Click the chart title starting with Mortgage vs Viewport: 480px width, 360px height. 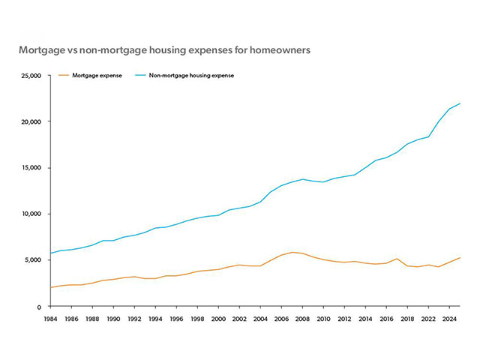[x=164, y=50]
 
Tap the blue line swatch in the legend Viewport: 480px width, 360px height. [x=139, y=76]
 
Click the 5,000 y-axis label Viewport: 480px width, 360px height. [x=32, y=260]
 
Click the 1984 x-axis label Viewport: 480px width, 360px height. [x=49, y=319]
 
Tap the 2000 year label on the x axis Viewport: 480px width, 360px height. [x=217, y=319]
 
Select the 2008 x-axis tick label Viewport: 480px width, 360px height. [x=301, y=319]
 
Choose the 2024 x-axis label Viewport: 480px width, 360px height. [x=449, y=319]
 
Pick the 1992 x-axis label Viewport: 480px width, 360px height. [x=133, y=319]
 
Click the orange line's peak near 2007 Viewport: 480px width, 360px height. [x=292, y=252]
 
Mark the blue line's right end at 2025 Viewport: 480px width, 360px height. [x=460, y=103]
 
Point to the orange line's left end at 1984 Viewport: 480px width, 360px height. [x=49, y=287]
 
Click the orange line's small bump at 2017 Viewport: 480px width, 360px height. [x=397, y=259]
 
